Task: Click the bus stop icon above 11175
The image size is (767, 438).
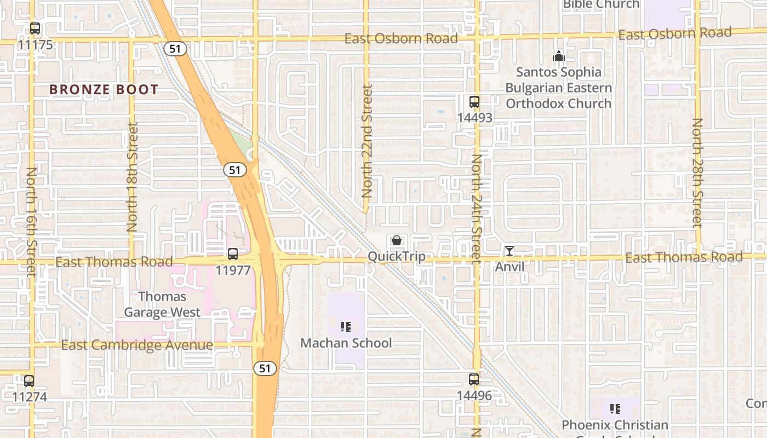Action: [35, 28]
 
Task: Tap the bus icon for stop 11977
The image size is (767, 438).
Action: [233, 254]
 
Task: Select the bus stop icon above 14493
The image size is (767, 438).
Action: [474, 101]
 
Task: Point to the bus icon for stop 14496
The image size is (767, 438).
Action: [474, 379]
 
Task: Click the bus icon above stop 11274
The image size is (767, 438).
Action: [29, 381]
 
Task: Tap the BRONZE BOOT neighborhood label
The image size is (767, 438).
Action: [104, 90]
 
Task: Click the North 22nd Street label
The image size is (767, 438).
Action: [367, 141]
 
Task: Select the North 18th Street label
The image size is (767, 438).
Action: [132, 177]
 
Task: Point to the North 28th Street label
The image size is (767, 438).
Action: [697, 172]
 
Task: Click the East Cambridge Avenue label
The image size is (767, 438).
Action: [137, 345]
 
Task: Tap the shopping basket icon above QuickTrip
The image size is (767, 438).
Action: [397, 240]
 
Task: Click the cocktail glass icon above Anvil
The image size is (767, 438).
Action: [510, 251]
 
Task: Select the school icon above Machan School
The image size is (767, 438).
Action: [346, 327]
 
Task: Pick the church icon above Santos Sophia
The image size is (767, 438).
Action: [558, 56]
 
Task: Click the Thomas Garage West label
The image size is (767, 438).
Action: [162, 304]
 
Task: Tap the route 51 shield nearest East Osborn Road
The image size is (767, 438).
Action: [175, 49]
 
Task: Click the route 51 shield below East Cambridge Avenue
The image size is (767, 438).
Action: [265, 368]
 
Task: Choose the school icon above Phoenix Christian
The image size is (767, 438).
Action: [615, 408]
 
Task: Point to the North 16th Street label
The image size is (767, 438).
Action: [31, 221]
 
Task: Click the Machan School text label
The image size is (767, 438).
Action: [346, 343]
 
